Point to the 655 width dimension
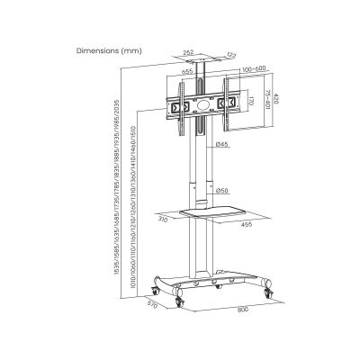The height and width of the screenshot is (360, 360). [186, 71]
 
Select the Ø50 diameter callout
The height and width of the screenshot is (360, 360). [221, 190]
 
